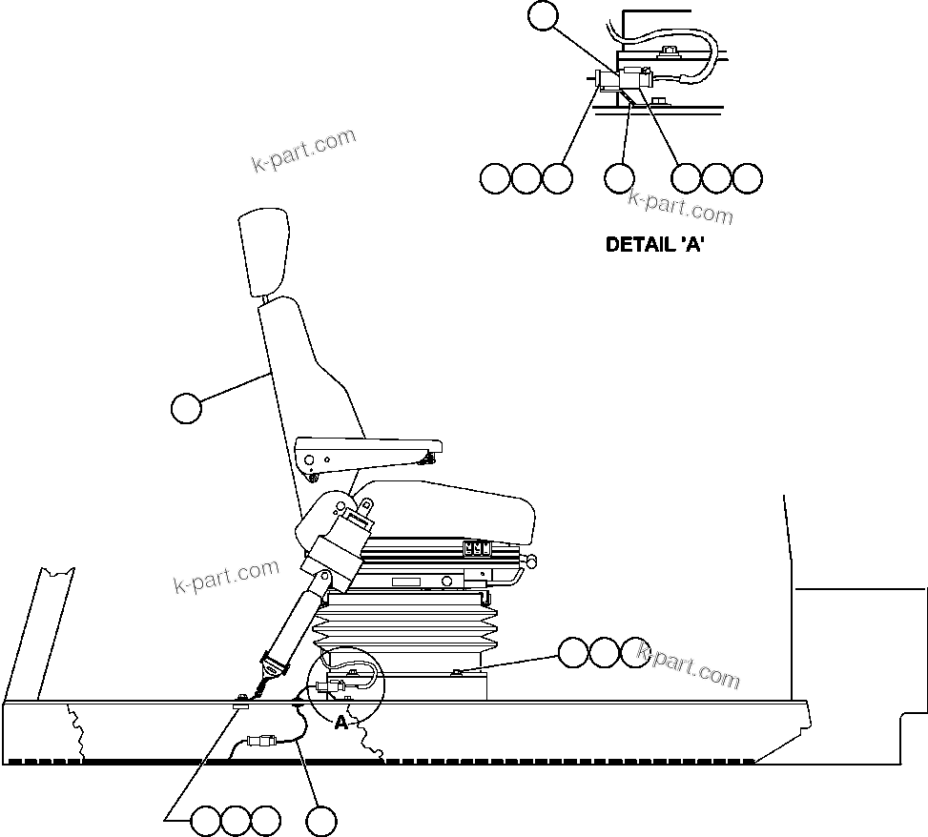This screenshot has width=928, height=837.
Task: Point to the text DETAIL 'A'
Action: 655,244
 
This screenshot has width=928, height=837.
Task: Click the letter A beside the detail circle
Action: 340,723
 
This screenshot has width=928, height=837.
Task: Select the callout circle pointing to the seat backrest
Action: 187,408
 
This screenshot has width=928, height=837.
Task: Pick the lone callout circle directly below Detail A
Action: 620,177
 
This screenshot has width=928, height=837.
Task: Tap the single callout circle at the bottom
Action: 321,820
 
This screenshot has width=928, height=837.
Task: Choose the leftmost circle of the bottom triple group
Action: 206,820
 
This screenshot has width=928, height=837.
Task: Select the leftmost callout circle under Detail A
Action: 495,177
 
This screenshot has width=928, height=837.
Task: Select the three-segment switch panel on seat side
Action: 476,548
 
